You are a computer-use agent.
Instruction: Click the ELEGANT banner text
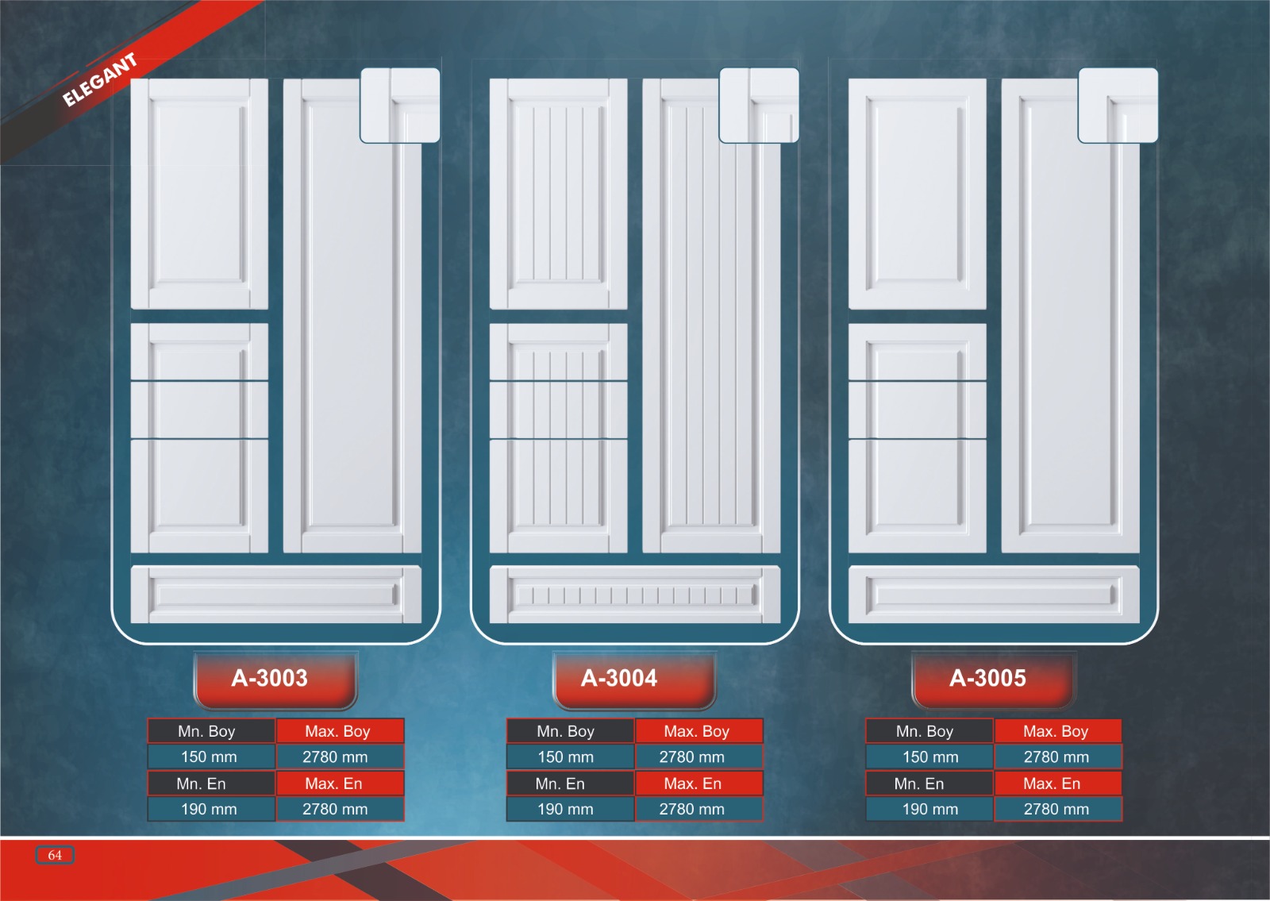100,79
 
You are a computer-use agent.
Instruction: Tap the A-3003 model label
270,679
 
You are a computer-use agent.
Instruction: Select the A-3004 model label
619,679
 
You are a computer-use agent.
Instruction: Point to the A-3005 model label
987,679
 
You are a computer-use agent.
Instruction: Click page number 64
55,855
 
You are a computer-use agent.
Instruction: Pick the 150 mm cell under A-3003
210,757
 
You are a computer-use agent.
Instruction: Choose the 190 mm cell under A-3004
565,809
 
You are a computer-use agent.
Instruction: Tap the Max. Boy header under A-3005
1056,731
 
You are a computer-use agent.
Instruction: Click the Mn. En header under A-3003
202,784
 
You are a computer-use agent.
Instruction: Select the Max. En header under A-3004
692,784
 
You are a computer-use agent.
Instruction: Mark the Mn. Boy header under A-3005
925,731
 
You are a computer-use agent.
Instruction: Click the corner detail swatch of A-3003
400,105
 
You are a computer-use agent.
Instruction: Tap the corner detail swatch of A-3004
759,105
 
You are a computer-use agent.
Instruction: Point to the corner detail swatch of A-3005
1118,105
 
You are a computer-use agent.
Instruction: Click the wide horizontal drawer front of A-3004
635,595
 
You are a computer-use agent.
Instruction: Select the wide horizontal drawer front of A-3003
275,595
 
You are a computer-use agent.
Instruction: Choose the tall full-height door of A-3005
1070,333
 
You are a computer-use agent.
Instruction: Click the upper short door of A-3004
558,194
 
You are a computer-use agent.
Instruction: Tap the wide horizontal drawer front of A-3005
994,595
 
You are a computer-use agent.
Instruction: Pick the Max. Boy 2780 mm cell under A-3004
691,757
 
